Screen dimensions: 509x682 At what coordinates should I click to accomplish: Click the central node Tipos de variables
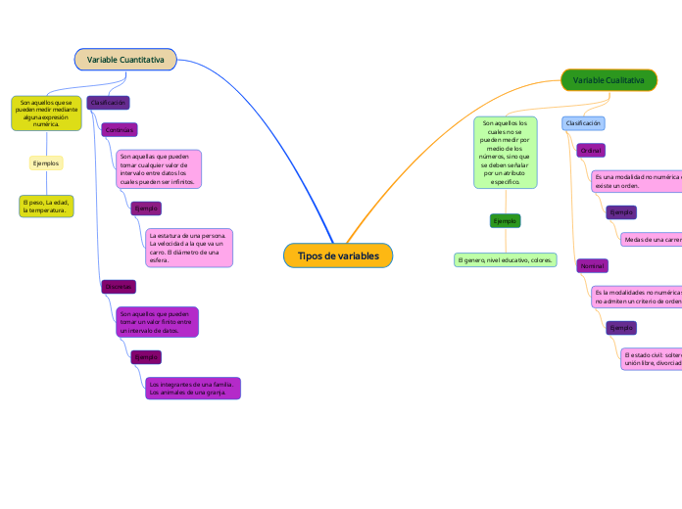[x=338, y=255]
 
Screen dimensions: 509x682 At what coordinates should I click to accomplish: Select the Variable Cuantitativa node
[x=125, y=60]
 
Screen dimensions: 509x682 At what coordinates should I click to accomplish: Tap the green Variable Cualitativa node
[x=609, y=80]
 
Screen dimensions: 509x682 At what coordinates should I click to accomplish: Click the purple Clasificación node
[x=108, y=103]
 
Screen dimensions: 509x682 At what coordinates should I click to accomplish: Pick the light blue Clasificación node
[x=583, y=123]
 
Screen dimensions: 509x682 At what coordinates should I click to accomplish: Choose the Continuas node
[x=120, y=129]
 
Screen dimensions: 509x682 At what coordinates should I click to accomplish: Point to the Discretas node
[x=119, y=287]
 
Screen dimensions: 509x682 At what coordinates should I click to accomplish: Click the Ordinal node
[x=590, y=151]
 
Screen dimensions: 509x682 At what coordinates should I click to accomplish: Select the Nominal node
[x=592, y=266]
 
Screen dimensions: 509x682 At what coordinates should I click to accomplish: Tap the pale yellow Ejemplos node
[x=46, y=162]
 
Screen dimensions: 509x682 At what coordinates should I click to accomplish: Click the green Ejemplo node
[x=505, y=221]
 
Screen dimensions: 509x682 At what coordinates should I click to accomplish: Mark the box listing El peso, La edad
[x=46, y=206]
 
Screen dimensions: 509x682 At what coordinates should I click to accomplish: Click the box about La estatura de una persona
[x=188, y=248]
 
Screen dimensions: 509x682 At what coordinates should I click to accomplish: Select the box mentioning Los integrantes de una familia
[x=191, y=389]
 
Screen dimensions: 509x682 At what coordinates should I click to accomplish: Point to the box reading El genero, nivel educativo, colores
[x=505, y=260]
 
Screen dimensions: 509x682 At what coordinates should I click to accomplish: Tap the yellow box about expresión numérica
[x=46, y=113]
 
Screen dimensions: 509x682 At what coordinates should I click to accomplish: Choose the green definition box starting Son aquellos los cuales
[x=505, y=153]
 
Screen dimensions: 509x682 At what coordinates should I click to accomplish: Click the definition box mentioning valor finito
[x=157, y=322]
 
